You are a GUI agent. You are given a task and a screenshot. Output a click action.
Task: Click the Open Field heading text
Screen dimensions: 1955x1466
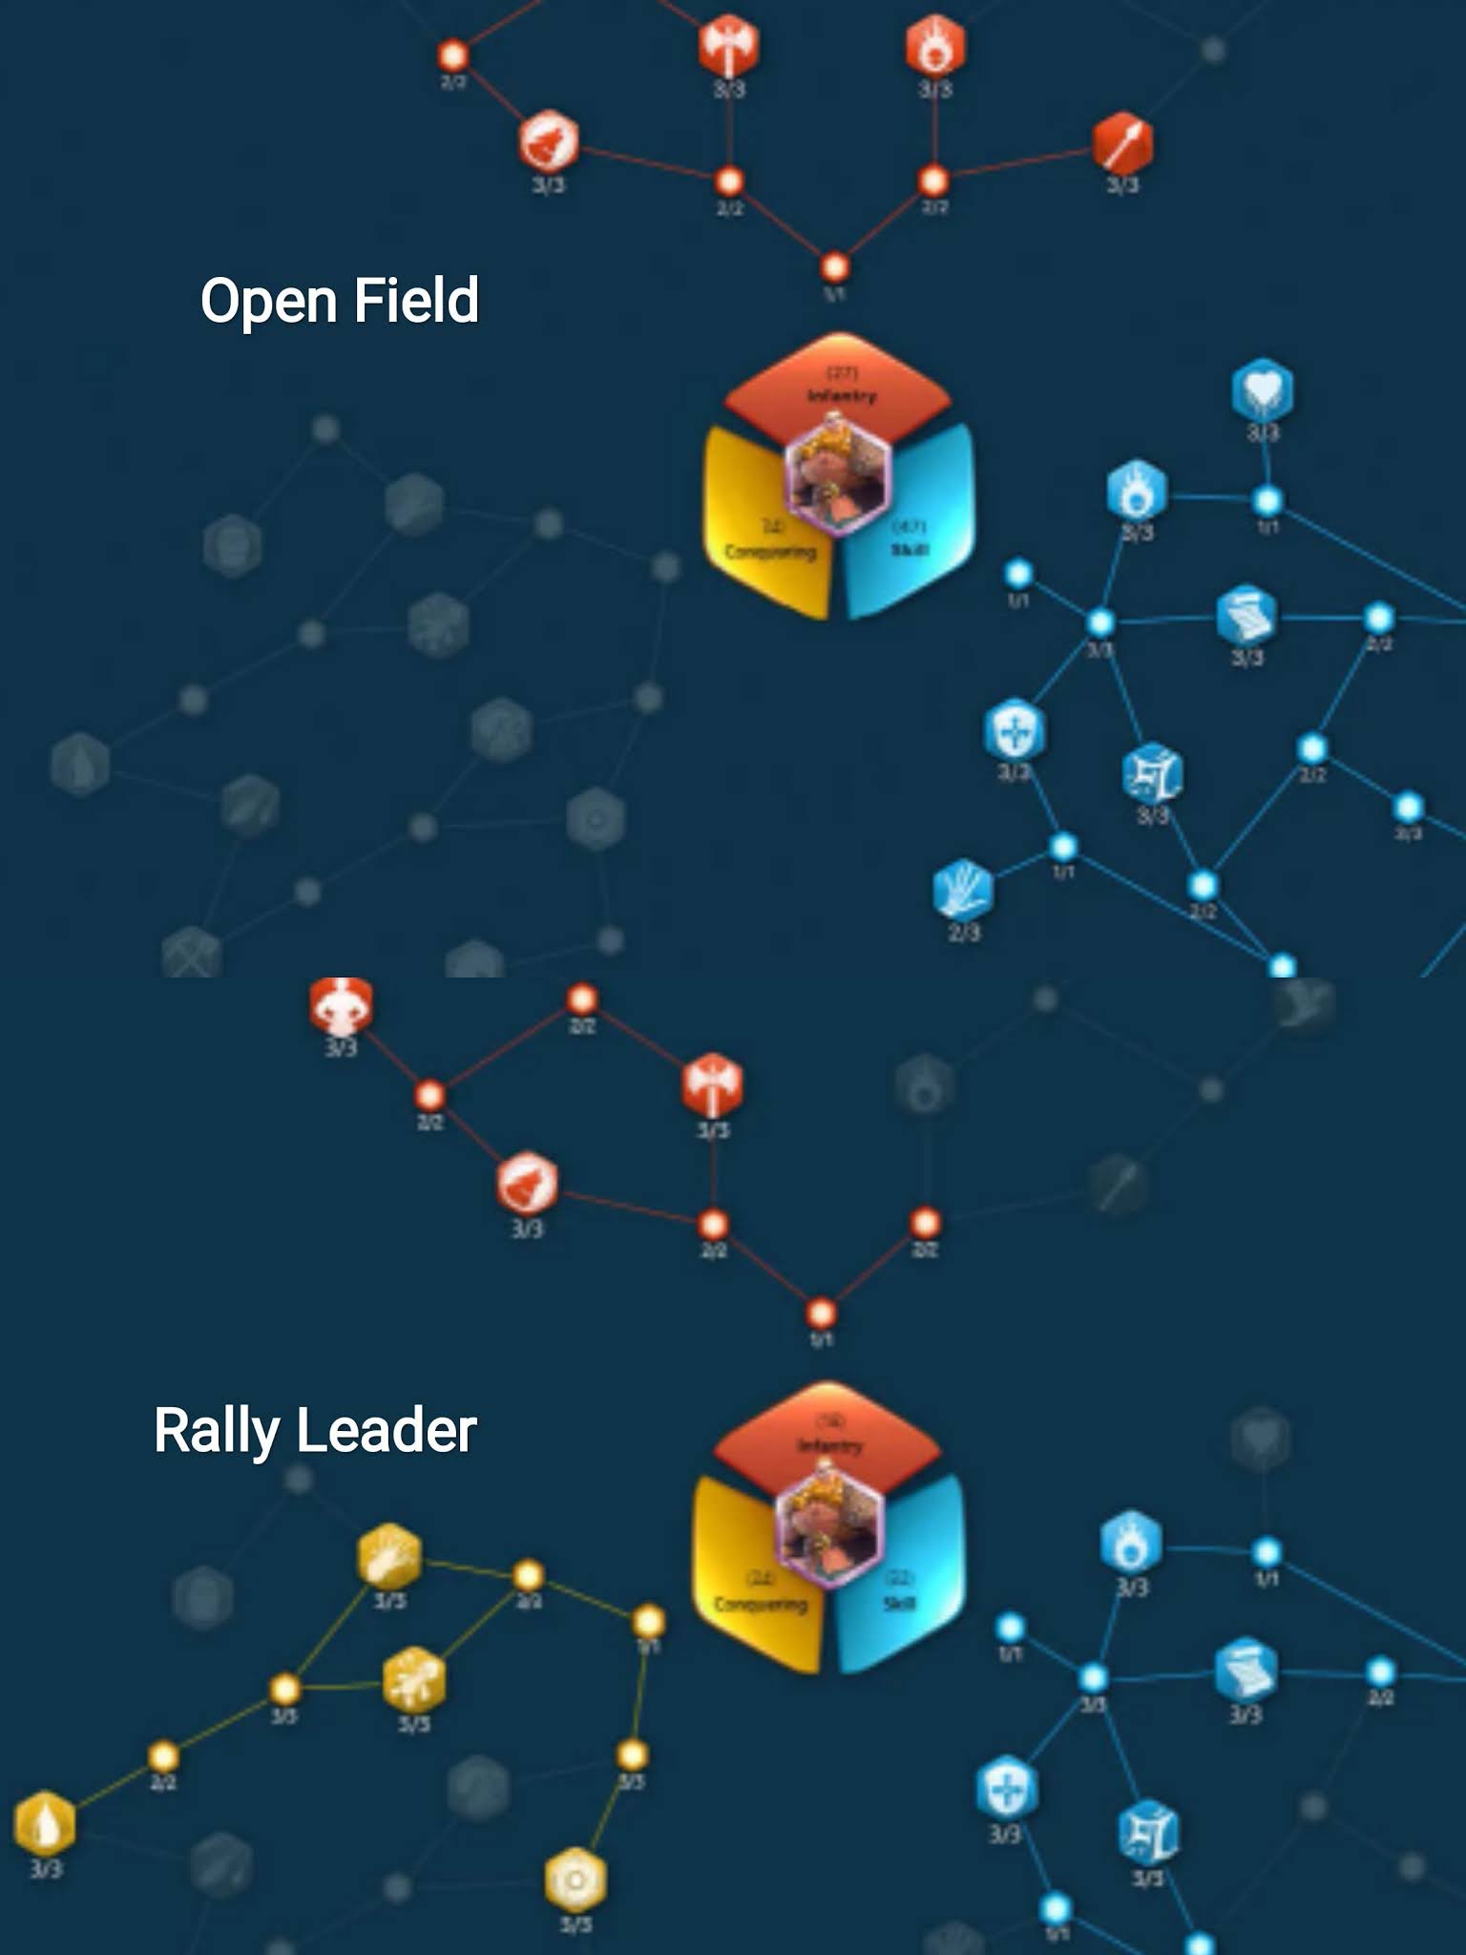[x=339, y=301]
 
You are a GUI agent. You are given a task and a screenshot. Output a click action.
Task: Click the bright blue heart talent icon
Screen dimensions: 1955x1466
[x=1262, y=389]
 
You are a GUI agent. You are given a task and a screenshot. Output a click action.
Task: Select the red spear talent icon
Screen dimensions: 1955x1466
[x=1122, y=144]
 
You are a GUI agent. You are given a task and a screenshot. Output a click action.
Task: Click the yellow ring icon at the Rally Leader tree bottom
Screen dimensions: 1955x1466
[x=575, y=1880]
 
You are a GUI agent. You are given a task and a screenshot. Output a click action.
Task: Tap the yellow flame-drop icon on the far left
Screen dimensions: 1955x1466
[x=45, y=1822]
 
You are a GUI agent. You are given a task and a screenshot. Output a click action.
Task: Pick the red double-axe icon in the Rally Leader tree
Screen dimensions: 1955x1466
[x=712, y=1085]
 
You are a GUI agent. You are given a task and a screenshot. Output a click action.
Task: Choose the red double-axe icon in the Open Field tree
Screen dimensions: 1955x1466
[x=729, y=44]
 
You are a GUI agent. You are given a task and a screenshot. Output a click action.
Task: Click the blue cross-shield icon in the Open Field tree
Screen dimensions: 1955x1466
[x=1014, y=730]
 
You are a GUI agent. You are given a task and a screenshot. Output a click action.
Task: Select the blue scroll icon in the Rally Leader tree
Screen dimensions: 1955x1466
[x=1245, y=1671]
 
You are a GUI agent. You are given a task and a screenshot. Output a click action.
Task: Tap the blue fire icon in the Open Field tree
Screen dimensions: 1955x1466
[x=1136, y=491]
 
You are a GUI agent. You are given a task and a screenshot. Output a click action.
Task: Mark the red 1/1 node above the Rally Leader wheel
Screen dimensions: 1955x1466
[x=821, y=1314]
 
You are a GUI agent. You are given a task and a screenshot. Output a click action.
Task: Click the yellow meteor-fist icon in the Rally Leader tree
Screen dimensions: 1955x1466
[x=389, y=1556]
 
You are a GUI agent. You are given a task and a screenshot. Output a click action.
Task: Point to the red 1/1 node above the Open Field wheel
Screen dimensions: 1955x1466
[x=834, y=267]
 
